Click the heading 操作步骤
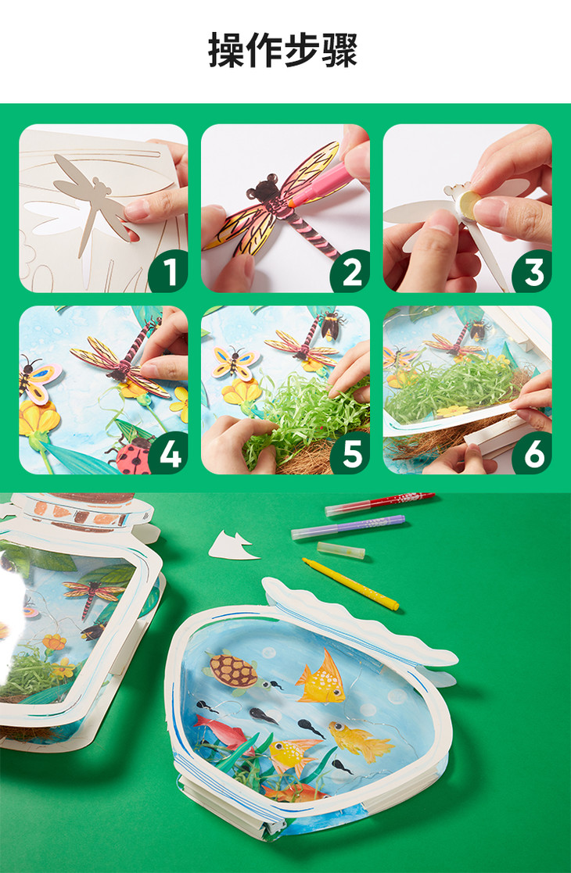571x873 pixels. (x=282, y=51)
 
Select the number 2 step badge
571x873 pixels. (x=351, y=273)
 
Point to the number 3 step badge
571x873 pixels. (x=533, y=273)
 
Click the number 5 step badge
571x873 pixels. (x=351, y=454)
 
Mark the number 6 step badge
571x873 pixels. (x=533, y=454)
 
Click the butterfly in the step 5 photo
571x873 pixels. (x=235, y=361)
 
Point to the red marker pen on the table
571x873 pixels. (x=380, y=503)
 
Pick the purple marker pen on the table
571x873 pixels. (x=348, y=527)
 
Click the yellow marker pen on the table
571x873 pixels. (x=351, y=584)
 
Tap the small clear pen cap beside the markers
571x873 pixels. (x=341, y=550)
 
